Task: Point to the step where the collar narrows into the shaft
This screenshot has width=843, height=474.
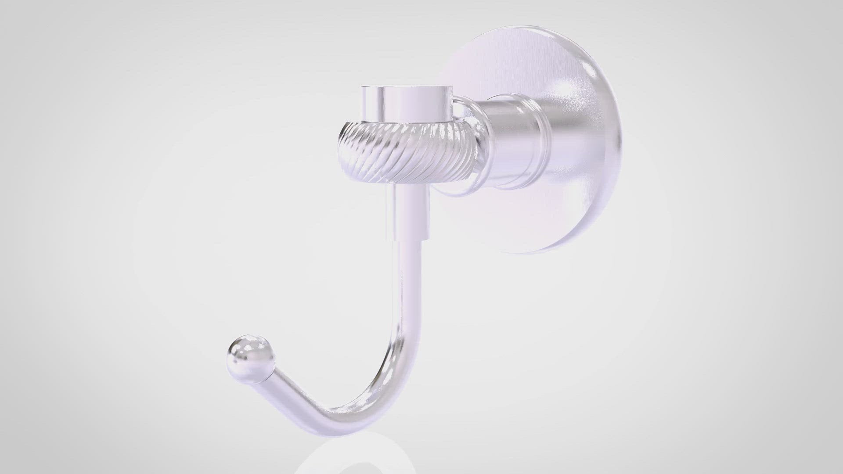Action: coord(406,239)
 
